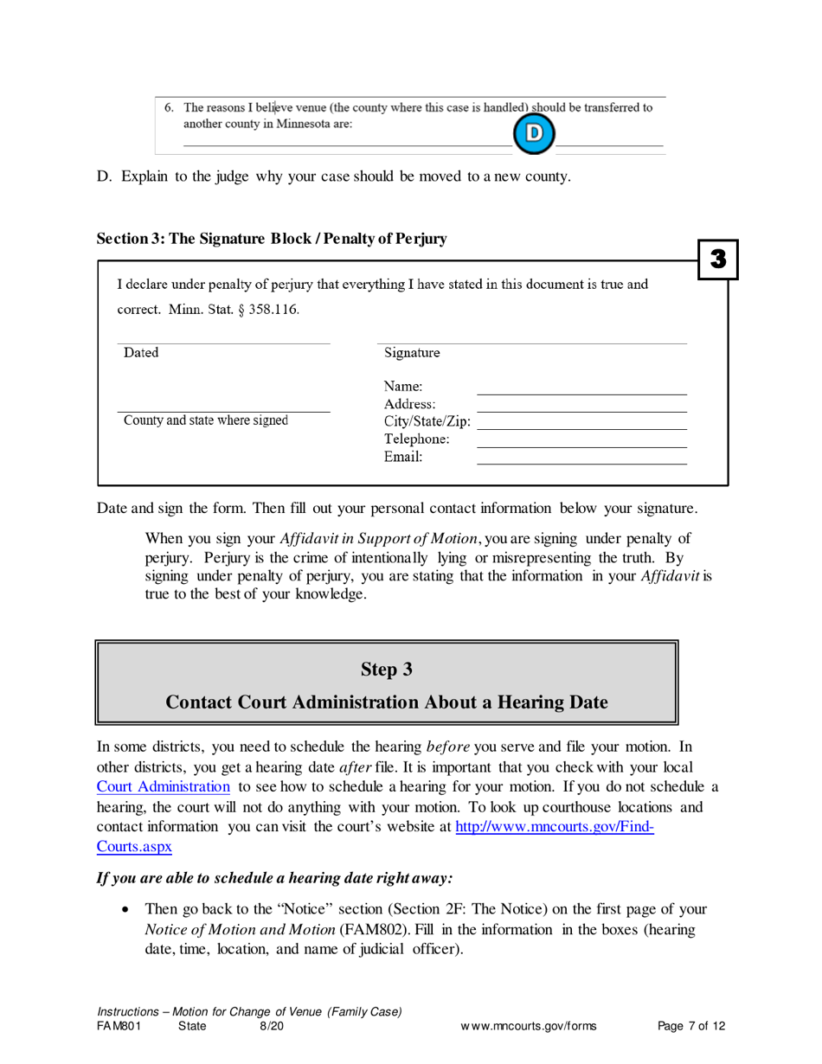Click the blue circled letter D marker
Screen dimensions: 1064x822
click(x=533, y=133)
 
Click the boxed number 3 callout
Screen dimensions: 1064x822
click(x=717, y=258)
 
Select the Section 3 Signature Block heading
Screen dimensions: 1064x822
click(x=272, y=238)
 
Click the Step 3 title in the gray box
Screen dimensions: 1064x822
click(x=386, y=669)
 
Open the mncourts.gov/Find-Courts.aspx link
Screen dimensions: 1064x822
click(x=554, y=826)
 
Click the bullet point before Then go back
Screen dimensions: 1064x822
click(x=128, y=910)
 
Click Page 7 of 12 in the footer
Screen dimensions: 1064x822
click(x=690, y=1027)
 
